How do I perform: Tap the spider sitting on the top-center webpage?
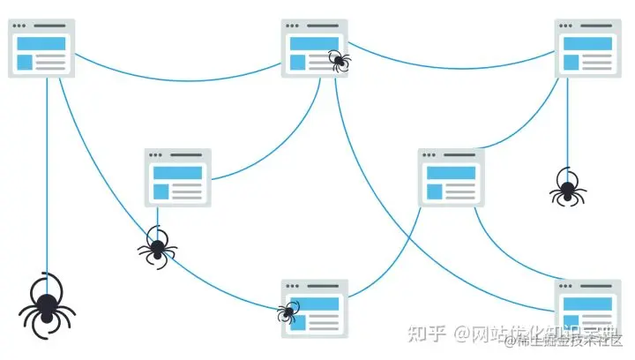click(339, 60)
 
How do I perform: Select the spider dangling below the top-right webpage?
click(565, 188)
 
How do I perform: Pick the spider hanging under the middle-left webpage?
click(157, 246)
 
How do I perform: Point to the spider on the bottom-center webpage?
click(288, 311)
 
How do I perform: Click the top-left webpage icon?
click(41, 49)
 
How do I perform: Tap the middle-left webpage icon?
click(178, 177)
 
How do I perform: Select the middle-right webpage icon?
click(452, 177)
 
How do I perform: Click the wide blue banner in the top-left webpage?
click(41, 42)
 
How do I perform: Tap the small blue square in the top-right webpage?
click(571, 62)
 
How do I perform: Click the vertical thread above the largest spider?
click(47, 176)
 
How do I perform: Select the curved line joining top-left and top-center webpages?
click(176, 79)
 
